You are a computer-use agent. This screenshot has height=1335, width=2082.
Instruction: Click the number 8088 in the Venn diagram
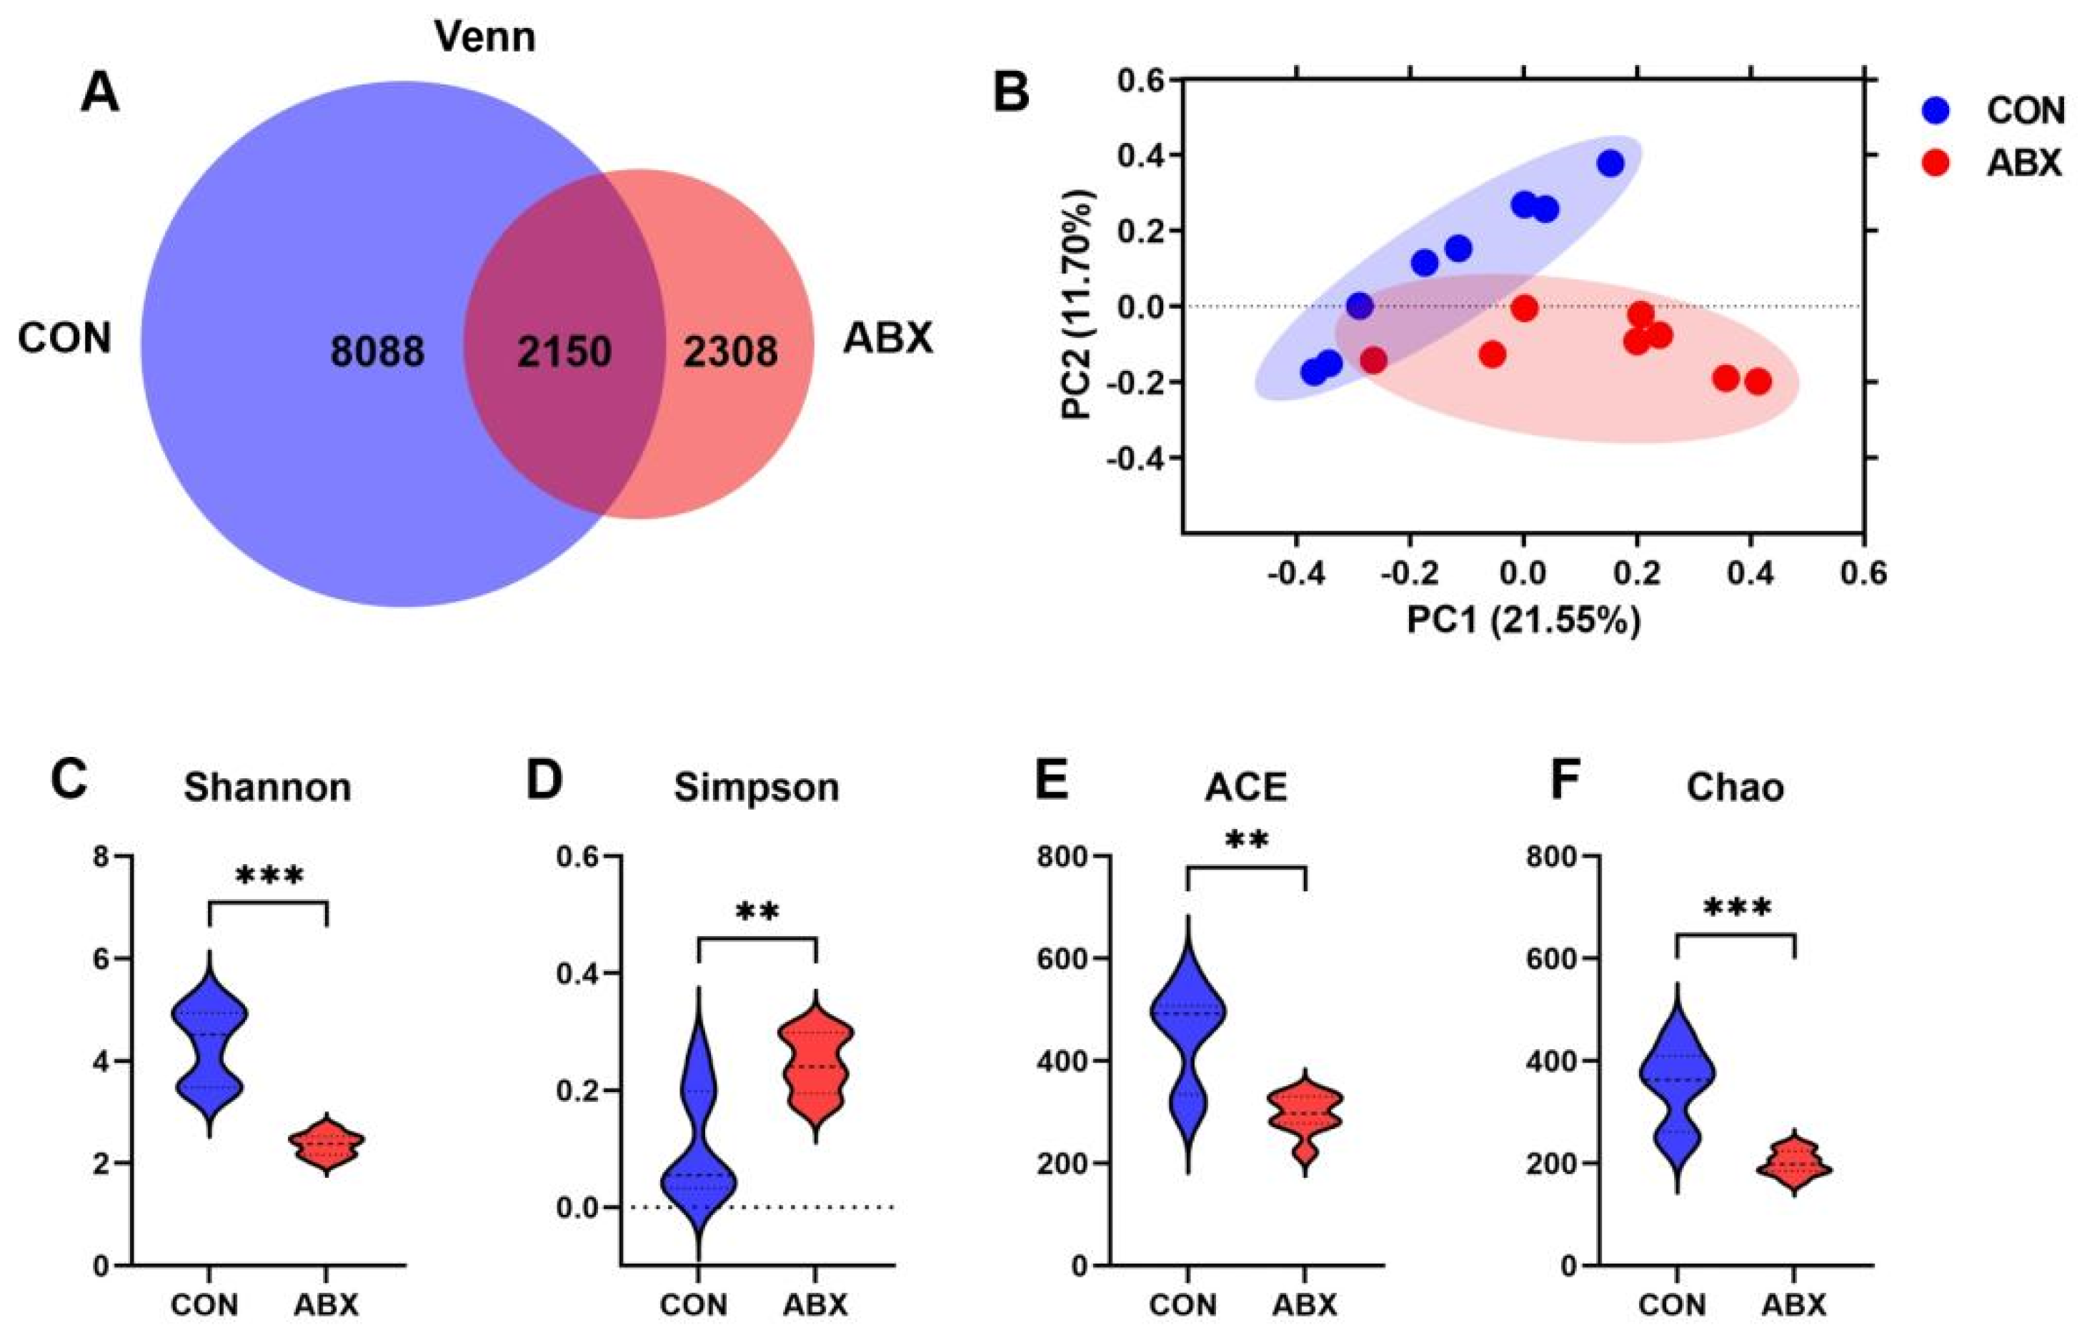(x=378, y=352)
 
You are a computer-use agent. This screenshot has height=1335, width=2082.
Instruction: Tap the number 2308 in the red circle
(x=730, y=352)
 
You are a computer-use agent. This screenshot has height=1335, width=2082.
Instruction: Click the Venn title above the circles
(x=484, y=37)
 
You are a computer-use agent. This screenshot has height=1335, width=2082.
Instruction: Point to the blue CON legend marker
(x=1928, y=110)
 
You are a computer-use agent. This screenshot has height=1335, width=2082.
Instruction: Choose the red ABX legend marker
(x=1928, y=162)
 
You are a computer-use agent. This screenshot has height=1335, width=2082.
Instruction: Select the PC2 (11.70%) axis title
(x=1080, y=305)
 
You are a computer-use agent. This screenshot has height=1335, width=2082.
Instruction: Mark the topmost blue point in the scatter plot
(x=1610, y=163)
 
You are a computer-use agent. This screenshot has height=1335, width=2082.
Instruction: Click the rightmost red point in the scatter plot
(x=1757, y=382)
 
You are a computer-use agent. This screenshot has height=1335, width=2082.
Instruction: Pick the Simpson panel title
(x=757, y=787)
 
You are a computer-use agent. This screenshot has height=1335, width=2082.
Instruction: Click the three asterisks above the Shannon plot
(x=269, y=878)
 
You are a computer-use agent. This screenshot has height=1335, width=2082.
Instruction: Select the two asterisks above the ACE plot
(x=1245, y=842)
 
